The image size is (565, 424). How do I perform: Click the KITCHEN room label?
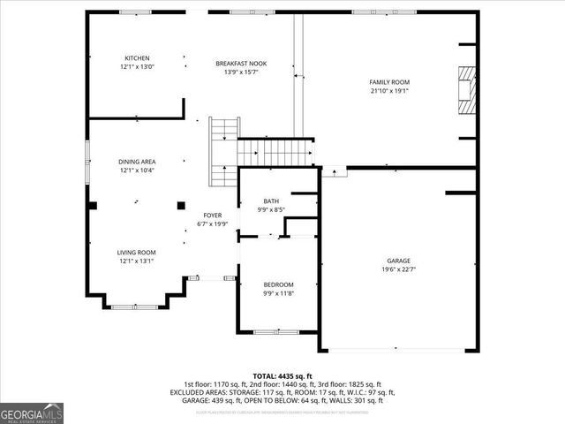136,58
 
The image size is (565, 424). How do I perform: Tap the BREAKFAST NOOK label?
241,64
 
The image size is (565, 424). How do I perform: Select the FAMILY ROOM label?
389,82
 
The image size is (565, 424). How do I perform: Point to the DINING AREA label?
137,162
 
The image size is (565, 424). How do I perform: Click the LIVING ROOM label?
136,253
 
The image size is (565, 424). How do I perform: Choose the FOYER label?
212,216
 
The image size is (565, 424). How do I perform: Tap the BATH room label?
270,201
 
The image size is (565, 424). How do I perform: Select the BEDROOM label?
278,284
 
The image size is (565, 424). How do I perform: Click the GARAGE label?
398,261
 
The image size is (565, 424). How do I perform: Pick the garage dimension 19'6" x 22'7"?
398,269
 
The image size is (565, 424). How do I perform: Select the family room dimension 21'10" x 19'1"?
389,91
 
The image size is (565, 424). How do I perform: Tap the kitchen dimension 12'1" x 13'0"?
136,67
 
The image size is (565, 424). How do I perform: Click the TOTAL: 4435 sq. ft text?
282,375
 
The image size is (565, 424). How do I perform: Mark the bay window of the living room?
135,305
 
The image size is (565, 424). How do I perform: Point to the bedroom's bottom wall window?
267,332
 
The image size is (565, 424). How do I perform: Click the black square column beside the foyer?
181,205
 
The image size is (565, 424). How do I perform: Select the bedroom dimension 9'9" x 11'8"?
278,293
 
